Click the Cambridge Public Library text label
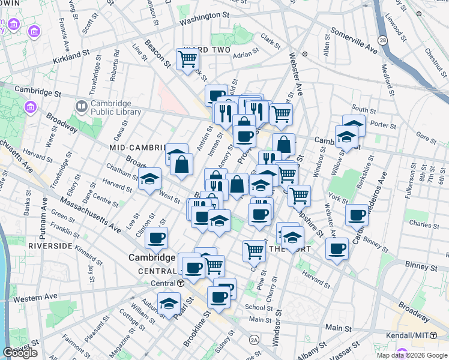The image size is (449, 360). click(116, 107)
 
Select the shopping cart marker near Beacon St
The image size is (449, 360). click(188, 59)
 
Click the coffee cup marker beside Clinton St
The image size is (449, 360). click(157, 238)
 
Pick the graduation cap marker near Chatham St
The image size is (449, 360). click(150, 178)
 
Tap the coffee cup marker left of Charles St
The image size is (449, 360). click(357, 214)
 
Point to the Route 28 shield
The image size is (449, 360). click(382, 40)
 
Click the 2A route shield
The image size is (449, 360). click(254, 339)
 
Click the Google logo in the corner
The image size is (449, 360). click(20, 353)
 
